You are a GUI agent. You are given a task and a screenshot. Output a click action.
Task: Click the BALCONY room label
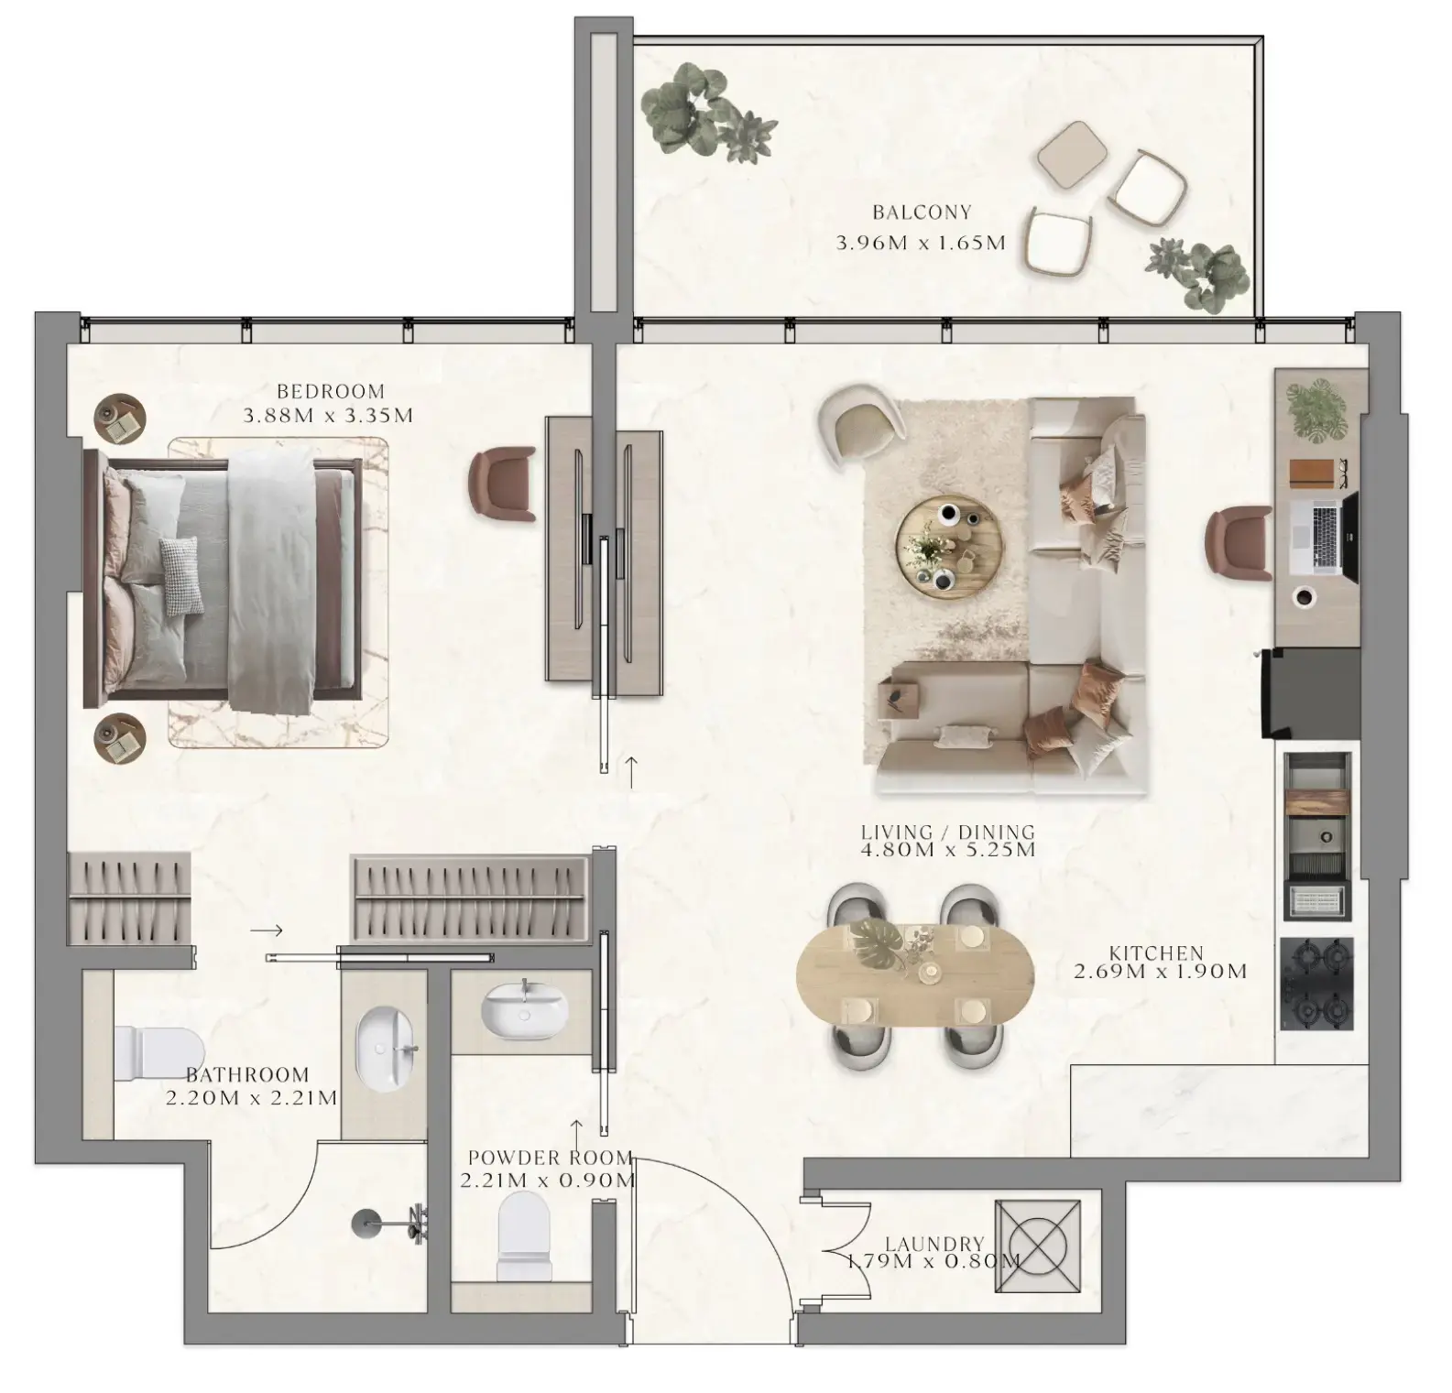click(x=921, y=212)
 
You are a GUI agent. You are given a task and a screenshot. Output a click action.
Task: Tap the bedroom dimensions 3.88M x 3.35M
click(x=328, y=416)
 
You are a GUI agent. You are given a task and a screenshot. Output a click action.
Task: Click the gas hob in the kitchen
click(x=1316, y=984)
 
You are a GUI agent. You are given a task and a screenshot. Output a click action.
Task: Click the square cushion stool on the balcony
click(x=1070, y=153)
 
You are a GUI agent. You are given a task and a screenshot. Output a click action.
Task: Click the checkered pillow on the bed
click(x=180, y=576)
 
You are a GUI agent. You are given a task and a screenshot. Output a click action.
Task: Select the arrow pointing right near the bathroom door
click(x=267, y=930)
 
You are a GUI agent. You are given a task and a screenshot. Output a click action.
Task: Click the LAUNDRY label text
click(x=934, y=1244)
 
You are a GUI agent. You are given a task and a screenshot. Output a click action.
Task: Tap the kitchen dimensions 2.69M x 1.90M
click(x=1160, y=972)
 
